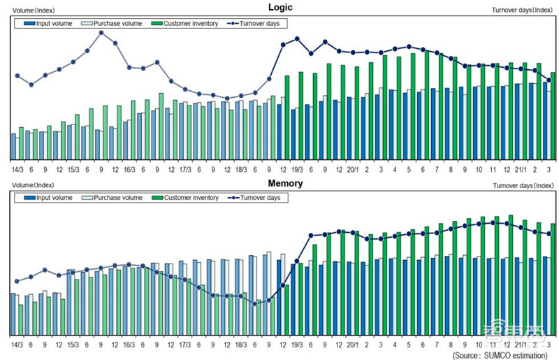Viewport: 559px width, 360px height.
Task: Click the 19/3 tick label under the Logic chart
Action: [x=297, y=169]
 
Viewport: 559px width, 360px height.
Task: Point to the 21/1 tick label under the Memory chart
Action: [x=521, y=345]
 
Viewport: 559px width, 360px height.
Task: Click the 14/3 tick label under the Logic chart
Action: [x=17, y=169]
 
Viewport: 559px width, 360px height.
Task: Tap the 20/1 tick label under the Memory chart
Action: [x=353, y=345]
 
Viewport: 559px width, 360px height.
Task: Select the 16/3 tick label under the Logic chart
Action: [x=129, y=169]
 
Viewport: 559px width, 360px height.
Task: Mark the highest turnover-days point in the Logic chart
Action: [x=101, y=32]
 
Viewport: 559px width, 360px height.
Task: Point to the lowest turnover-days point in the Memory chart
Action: [x=255, y=303]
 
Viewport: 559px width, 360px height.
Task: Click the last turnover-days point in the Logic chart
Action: [x=549, y=80]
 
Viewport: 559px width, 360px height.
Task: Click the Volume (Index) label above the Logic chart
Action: [x=34, y=8]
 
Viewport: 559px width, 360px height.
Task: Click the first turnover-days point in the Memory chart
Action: [x=17, y=281]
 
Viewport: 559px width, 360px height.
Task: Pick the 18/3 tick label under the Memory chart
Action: [x=241, y=345]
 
